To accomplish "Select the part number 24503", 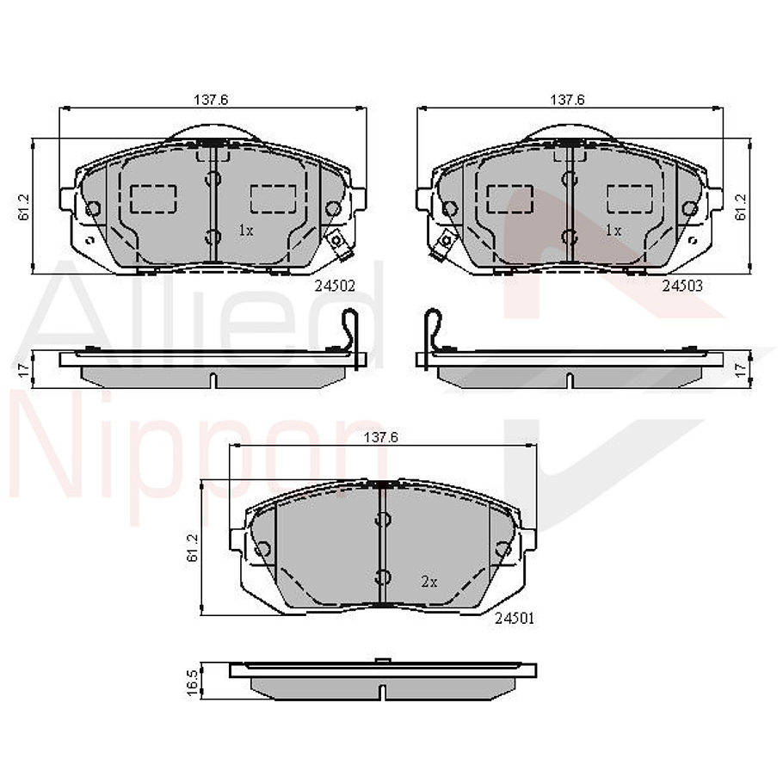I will (681, 285).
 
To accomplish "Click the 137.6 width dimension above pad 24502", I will (210, 100).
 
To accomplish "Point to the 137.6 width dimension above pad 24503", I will (567, 100).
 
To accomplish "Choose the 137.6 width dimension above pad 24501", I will (381, 438).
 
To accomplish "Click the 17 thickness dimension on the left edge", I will (24, 368).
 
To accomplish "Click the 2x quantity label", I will (429, 582).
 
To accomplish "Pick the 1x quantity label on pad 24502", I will (245, 231).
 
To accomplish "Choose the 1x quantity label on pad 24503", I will (613, 231).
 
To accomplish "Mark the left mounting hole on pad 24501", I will (263, 549).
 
